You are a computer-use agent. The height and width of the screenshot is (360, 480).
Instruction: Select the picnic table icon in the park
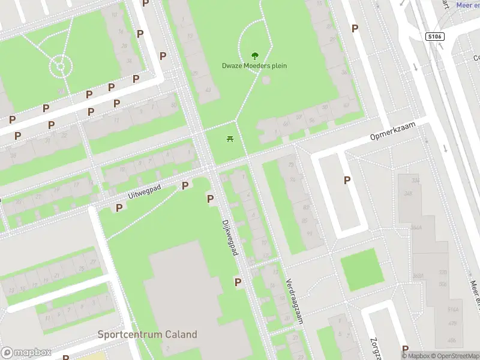(x=230, y=139)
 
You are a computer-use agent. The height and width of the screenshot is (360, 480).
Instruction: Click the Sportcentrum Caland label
(x=147, y=334)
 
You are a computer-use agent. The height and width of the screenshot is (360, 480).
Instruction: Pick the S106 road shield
(x=434, y=37)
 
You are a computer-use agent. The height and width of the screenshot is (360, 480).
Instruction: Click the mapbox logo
(x=25, y=353)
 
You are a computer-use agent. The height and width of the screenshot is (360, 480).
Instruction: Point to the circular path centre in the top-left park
(x=59, y=65)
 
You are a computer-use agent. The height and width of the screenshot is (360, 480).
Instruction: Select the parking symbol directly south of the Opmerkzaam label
(x=347, y=179)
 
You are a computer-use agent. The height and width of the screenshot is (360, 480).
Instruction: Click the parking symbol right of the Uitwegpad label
(x=185, y=186)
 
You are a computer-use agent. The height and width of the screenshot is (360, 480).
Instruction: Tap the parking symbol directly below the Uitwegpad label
(x=119, y=208)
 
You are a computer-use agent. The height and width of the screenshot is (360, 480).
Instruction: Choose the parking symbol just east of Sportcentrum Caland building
(x=238, y=282)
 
